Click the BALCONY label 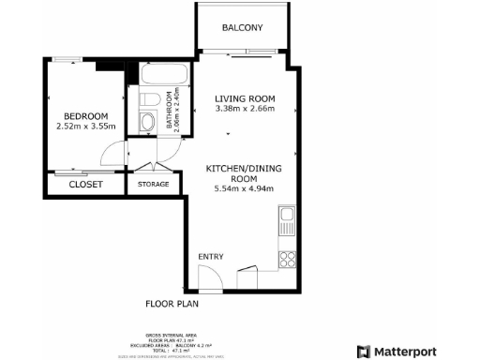[x=242, y=28]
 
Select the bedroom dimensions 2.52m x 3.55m [x=85, y=127]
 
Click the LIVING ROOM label [x=244, y=98]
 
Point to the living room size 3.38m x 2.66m [x=244, y=109]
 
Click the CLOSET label [x=86, y=185]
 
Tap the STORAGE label [x=153, y=185]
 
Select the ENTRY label [x=210, y=256]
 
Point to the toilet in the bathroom [x=147, y=100]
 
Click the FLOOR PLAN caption [x=172, y=304]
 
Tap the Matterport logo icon [x=363, y=352]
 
